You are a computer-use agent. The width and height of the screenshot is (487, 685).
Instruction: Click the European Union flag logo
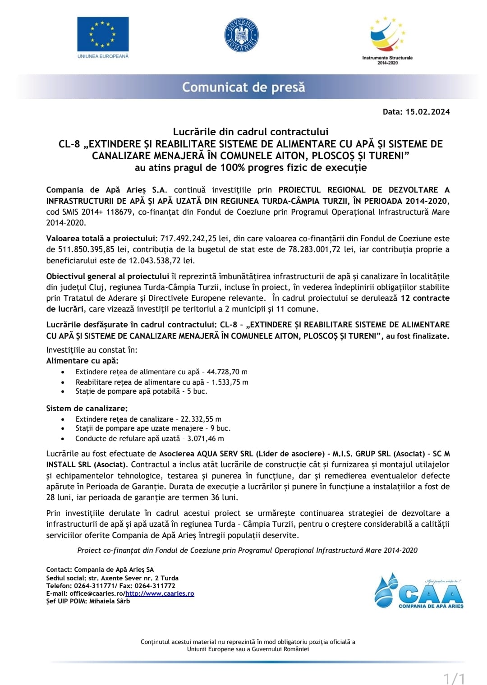click(x=103, y=34)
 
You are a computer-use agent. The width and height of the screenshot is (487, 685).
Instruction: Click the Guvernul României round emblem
click(x=241, y=35)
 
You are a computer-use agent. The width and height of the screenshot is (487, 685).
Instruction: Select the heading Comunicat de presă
click(x=243, y=87)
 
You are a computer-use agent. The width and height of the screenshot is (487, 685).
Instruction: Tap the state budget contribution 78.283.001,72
click(x=314, y=249)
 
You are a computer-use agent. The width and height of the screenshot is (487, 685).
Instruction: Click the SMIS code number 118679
click(x=120, y=211)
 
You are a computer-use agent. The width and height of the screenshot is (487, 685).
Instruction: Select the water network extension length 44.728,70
click(x=223, y=372)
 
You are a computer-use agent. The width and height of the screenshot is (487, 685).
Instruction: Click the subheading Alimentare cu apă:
click(x=83, y=361)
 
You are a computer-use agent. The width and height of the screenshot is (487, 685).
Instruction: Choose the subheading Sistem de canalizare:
click(x=87, y=409)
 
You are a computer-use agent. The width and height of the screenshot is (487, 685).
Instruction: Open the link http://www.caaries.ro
click(x=160, y=593)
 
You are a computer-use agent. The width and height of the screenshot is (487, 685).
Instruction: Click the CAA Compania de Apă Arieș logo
click(x=418, y=592)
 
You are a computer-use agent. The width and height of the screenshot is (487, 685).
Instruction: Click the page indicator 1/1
click(x=454, y=678)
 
